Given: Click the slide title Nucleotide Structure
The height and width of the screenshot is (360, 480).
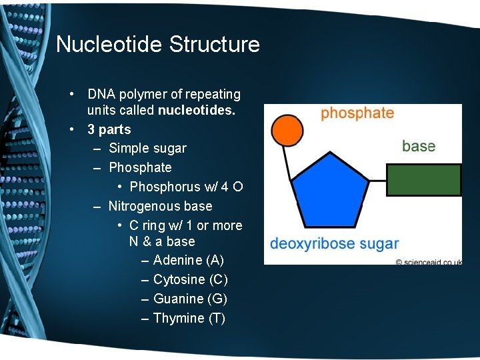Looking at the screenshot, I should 158,45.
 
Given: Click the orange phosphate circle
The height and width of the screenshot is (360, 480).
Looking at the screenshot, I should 288,130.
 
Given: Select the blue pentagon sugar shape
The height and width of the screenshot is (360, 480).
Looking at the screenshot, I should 330,189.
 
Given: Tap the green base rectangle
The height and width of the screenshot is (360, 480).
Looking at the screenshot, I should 423,180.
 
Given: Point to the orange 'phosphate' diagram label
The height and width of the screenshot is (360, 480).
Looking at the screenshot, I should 357,113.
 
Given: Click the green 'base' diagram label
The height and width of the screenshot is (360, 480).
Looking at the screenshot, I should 419,146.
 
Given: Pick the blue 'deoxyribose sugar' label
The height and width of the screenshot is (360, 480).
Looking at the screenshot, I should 334,243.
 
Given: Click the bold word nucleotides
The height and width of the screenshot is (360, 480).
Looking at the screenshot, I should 197,111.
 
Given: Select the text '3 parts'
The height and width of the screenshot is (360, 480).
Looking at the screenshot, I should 109,129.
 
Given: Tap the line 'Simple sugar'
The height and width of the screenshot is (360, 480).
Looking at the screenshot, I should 147,148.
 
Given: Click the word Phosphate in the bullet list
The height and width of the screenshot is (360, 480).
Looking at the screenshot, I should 140,167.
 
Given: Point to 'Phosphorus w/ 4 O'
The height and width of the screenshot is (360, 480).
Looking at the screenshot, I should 186,187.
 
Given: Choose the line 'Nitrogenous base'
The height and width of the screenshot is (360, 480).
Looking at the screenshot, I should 160,206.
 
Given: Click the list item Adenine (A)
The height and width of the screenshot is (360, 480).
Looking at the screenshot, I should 189,260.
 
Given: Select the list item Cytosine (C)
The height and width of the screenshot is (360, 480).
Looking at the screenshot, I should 190,279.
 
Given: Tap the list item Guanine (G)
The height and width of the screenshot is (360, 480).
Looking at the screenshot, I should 190,299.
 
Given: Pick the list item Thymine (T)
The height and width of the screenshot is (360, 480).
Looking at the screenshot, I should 189,318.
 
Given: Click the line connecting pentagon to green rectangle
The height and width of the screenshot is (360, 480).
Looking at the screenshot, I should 377,180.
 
